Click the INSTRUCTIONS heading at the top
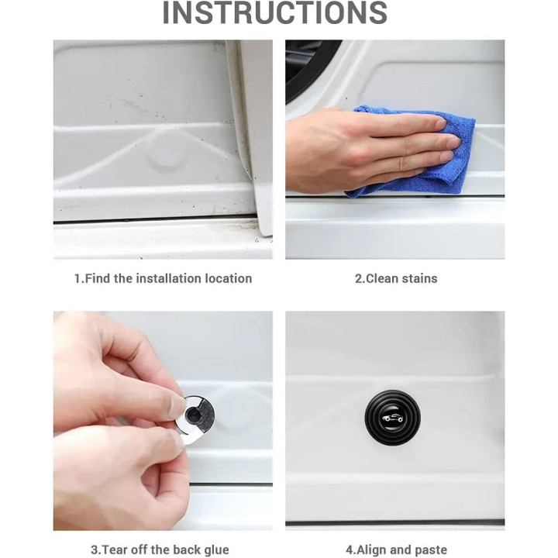274,12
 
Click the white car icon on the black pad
392,418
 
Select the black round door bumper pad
392,418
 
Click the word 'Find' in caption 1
98,278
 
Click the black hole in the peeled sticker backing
193,414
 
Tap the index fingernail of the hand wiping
440,124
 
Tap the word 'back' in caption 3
188,549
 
